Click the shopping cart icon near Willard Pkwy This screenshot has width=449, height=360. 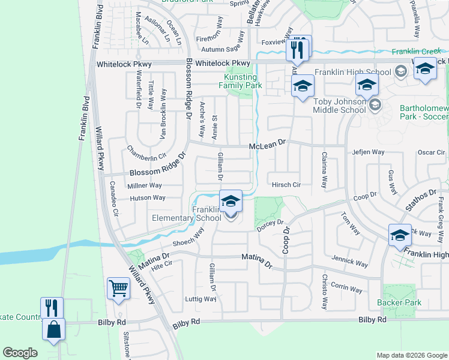tap(118, 288)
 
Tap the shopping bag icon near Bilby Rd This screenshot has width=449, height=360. tap(53, 329)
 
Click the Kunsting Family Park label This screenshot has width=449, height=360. tap(240, 82)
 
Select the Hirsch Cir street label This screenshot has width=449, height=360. tap(286, 185)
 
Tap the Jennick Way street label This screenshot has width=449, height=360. tap(350, 263)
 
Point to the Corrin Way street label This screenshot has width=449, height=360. tap(346, 288)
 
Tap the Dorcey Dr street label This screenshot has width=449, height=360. tap(270, 226)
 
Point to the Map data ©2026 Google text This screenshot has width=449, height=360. tap(411, 355)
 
